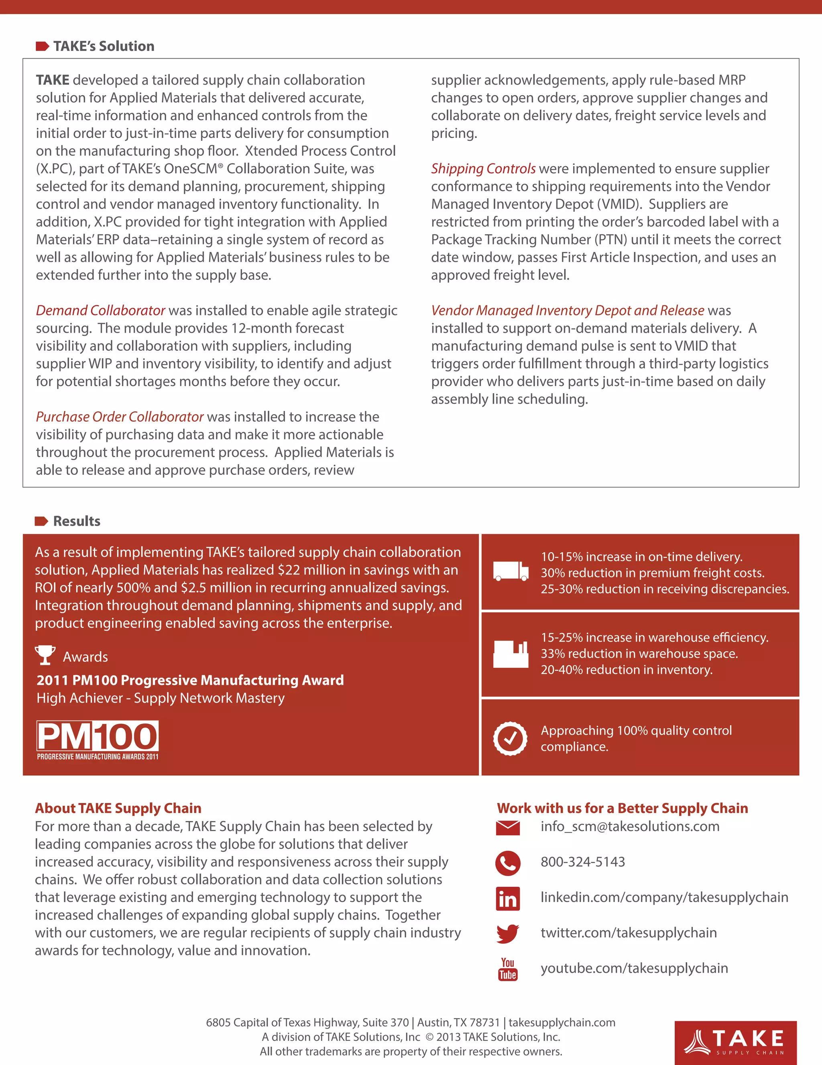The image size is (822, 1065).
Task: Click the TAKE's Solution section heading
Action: pos(104,46)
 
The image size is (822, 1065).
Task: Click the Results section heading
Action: pos(77,521)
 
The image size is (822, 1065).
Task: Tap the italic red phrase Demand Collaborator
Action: pos(100,311)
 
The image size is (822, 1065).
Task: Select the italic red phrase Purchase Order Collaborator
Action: pos(120,417)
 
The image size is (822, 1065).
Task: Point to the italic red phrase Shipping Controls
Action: pos(483,169)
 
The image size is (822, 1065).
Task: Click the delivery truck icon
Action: pos(510,571)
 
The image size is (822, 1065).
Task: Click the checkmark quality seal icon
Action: pos(510,738)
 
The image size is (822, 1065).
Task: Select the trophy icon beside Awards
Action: pos(45,655)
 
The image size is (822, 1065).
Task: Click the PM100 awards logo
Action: pos(98,740)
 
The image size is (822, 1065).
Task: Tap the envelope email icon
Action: pos(507,828)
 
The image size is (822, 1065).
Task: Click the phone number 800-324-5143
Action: pos(582,862)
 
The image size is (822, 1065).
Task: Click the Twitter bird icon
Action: pos(507,934)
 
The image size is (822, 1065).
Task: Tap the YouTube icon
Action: pos(507,969)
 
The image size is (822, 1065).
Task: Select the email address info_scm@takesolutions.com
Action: pos(630,827)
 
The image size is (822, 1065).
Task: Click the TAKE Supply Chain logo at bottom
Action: pos(735,1042)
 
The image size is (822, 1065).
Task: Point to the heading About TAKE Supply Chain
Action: pos(118,809)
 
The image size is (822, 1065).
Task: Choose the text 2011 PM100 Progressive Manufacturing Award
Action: pos(190,680)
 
